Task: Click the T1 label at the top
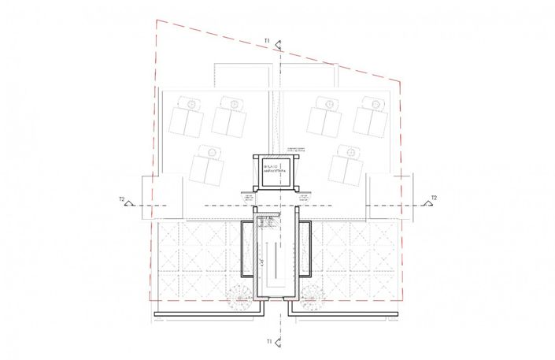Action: pyautogui.click(x=268, y=39)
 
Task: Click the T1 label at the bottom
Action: pyautogui.click(x=268, y=342)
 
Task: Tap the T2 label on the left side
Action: pyautogui.click(x=122, y=199)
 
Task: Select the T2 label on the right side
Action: pyautogui.click(x=434, y=198)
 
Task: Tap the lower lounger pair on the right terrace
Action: pyautogui.click(x=343, y=161)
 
